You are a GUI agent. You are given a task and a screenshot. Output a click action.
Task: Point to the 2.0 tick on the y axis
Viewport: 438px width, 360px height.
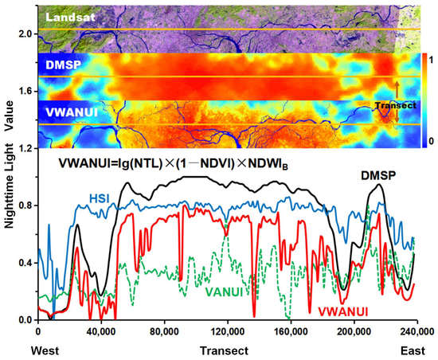click(x=25, y=34)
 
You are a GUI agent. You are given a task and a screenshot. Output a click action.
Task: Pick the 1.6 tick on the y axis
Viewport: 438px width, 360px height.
click(x=25, y=92)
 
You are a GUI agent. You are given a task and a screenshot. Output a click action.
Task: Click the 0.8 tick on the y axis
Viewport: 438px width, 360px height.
click(x=25, y=206)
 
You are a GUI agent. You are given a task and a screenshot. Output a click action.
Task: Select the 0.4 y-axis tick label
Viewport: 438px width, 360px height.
click(x=25, y=263)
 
